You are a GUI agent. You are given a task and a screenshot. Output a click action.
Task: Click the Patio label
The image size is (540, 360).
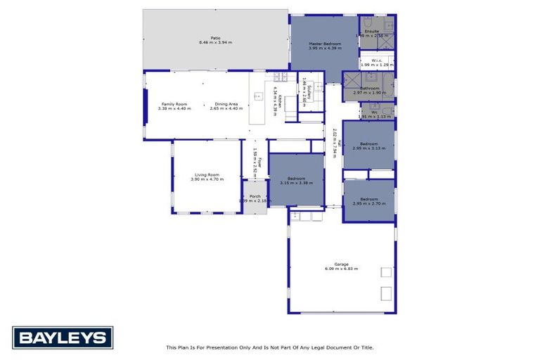216,38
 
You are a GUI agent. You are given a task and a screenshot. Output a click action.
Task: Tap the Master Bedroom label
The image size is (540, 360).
325,44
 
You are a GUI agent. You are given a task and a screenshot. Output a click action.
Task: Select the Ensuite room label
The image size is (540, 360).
372,31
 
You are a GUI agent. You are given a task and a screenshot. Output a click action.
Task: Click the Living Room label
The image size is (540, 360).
207,174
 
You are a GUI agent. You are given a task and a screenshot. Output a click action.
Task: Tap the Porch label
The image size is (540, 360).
255,196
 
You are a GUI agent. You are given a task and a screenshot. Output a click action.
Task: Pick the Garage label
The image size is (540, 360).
342,264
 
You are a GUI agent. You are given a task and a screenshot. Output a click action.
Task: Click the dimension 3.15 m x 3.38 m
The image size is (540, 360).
296,182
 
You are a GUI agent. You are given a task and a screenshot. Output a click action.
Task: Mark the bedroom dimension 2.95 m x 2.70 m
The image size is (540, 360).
368,204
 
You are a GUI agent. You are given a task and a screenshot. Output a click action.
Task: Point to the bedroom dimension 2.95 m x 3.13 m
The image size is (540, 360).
368,148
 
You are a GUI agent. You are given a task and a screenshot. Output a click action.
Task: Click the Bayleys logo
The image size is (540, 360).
63,337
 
